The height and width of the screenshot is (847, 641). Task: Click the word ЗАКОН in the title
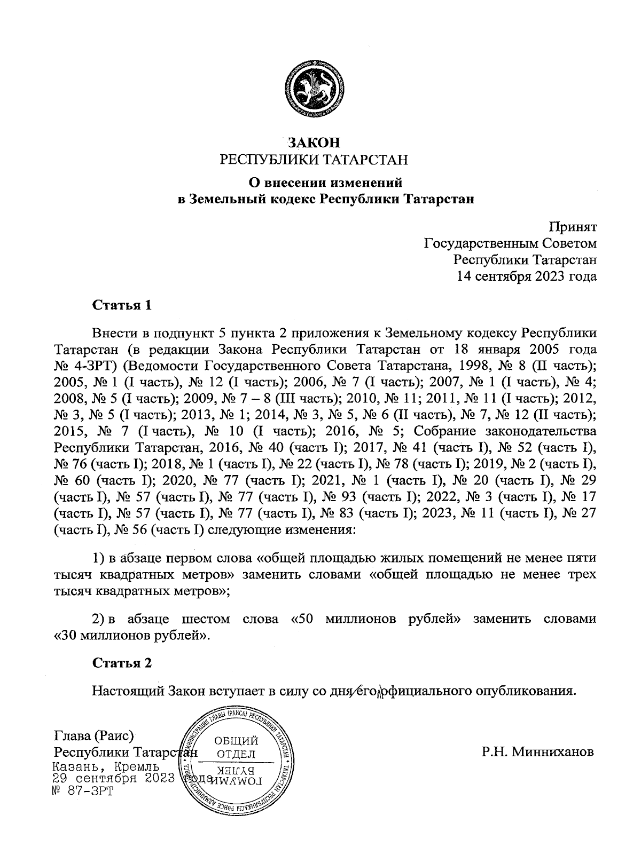coord(314,143)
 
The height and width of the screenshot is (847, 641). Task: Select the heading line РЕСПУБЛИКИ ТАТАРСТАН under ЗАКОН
coord(314,160)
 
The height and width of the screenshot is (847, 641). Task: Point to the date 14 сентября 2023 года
coord(526,276)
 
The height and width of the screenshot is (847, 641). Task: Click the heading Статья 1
coord(122,305)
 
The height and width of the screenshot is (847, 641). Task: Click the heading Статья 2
coord(122,663)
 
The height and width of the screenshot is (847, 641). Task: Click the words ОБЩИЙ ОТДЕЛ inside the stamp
coord(236,747)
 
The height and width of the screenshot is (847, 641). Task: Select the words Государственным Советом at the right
coord(510,243)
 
